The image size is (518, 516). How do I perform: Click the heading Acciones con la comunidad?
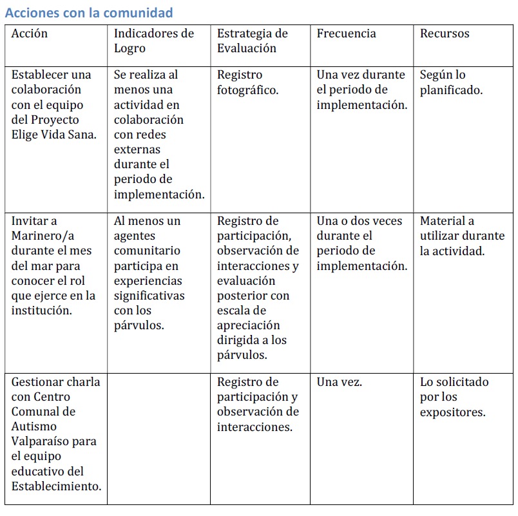[x=89, y=12]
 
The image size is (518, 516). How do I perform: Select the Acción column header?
[x=30, y=33]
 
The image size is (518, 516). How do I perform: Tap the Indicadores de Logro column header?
[x=153, y=41]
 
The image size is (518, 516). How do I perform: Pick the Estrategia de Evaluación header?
[x=252, y=41]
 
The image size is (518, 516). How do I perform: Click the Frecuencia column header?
[x=346, y=33]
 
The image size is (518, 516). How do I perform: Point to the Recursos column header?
[x=445, y=33]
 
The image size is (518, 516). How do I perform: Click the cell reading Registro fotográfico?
[x=247, y=82]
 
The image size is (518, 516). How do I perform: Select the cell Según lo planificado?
[x=451, y=82]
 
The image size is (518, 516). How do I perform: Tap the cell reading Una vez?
[x=339, y=382]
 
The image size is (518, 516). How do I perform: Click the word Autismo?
[x=34, y=426]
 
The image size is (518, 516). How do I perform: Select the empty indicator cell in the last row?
[x=158, y=438]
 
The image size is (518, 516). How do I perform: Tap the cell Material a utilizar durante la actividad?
[x=461, y=236]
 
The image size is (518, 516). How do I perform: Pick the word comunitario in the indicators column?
[x=147, y=251]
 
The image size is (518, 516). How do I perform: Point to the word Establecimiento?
[x=56, y=486]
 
